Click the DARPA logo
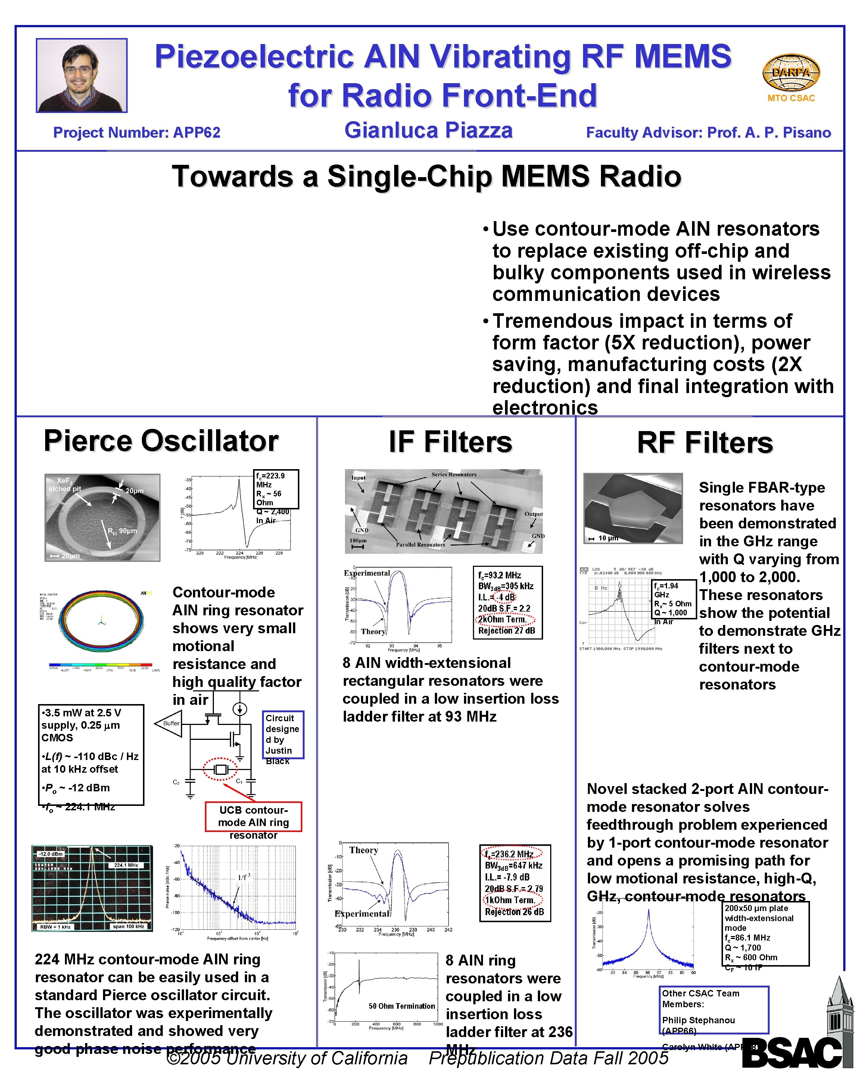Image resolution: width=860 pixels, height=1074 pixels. click(791, 73)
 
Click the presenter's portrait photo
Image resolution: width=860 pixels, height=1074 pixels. click(81, 75)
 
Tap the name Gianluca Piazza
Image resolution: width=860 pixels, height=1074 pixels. click(428, 131)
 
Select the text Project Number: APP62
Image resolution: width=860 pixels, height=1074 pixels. click(137, 132)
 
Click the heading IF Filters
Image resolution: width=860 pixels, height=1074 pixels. click(450, 442)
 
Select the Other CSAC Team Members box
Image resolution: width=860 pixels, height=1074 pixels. click(713, 1009)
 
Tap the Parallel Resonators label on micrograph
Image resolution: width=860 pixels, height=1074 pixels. click(420, 544)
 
